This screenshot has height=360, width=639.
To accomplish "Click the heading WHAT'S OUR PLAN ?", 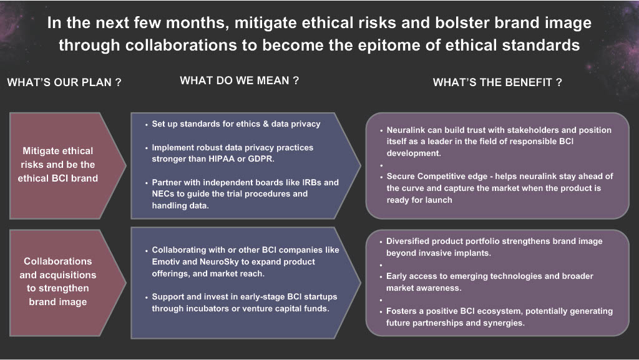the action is coord(64,82).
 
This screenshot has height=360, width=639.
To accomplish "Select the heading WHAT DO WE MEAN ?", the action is coord(239,80).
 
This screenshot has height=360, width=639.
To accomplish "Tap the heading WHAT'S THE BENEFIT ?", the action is coord(497,82).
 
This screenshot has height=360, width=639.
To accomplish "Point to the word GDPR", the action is coord(261,159).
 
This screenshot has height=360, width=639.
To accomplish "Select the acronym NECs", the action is coord(163,194).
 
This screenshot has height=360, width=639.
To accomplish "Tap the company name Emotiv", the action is coord(166,261).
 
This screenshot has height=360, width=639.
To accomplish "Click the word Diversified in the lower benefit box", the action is coord(407,241).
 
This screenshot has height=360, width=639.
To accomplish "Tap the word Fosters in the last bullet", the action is coord(401,311).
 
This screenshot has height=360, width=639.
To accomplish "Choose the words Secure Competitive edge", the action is coord(437,177).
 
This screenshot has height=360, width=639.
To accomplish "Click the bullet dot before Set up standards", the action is coord(146,125).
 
